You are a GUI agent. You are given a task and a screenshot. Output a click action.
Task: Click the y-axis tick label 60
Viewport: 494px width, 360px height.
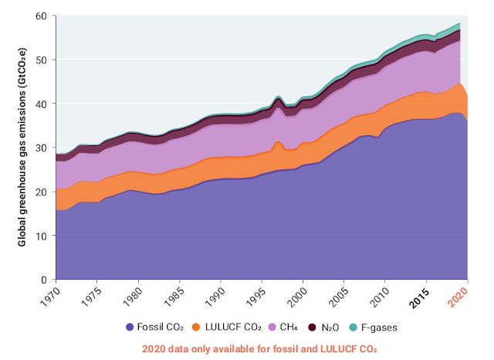tap(42, 15)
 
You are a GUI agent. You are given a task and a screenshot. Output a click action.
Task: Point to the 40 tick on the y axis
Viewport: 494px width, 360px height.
tap(42, 104)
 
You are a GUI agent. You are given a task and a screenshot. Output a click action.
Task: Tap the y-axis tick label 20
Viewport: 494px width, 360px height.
tap(42, 192)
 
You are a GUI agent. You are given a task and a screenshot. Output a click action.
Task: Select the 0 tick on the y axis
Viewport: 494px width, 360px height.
tap(46, 279)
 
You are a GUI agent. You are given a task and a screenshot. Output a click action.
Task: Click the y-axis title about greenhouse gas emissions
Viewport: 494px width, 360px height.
tap(24, 147)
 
